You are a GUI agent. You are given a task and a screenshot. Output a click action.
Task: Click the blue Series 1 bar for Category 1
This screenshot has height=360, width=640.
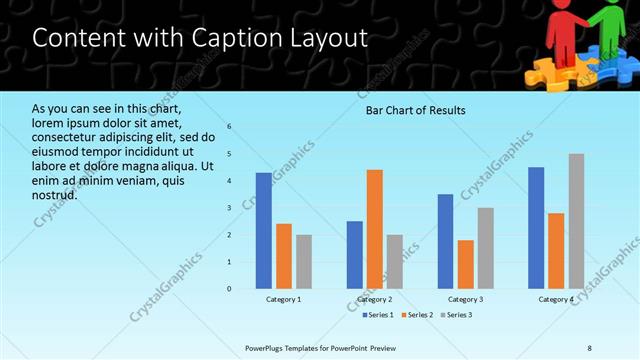coord(263,231)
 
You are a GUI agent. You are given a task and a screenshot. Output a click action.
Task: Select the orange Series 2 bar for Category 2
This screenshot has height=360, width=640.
coord(375,229)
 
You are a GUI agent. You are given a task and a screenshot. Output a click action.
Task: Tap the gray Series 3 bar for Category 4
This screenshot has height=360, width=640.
coord(576,221)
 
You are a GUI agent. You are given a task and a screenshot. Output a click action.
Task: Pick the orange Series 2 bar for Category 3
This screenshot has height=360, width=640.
coord(466,264)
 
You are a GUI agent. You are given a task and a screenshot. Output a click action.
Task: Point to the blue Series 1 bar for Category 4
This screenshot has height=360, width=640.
coord(536,228)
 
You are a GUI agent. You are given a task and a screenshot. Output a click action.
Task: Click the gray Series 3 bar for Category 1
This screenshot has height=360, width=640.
coord(304,262)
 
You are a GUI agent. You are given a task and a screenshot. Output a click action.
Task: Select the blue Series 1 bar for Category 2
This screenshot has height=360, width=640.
coord(355,255)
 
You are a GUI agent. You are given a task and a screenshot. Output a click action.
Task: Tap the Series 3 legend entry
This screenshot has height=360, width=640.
coord(455,315)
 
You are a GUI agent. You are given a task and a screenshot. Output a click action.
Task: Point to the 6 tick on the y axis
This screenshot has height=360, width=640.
coord(229,127)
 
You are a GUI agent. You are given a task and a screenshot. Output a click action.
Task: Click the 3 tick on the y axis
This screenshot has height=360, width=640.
coord(229,208)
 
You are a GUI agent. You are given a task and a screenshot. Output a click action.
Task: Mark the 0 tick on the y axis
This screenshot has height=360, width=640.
coord(229,289)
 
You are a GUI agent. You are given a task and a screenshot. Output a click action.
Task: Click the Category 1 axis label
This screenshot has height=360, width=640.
coord(283,299)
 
